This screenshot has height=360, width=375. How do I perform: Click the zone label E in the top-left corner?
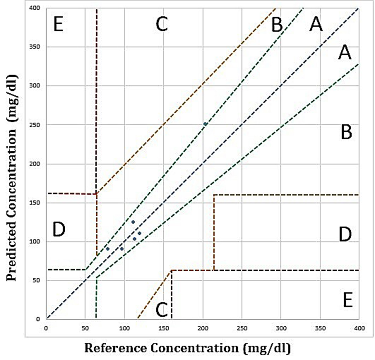[x=58, y=24]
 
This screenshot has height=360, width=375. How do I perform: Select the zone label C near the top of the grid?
[x=162, y=24]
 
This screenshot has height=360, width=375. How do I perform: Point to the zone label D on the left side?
[x=59, y=230]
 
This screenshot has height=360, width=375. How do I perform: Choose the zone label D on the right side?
[x=345, y=235]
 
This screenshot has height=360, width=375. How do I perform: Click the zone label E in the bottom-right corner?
[x=347, y=300]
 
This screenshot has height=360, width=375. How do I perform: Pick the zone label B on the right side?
[x=346, y=132]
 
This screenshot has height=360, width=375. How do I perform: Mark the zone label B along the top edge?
[x=277, y=25]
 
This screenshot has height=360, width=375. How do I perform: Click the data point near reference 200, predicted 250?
[x=205, y=124]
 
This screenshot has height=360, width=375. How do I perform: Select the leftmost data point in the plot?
[x=107, y=249]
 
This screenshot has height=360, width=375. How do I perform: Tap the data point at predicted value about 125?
[x=133, y=222]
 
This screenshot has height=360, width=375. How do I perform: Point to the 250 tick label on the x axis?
[x=242, y=328]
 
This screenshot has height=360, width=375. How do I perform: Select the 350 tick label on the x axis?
[x=320, y=328]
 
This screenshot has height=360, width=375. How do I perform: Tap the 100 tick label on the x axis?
[x=124, y=328]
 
